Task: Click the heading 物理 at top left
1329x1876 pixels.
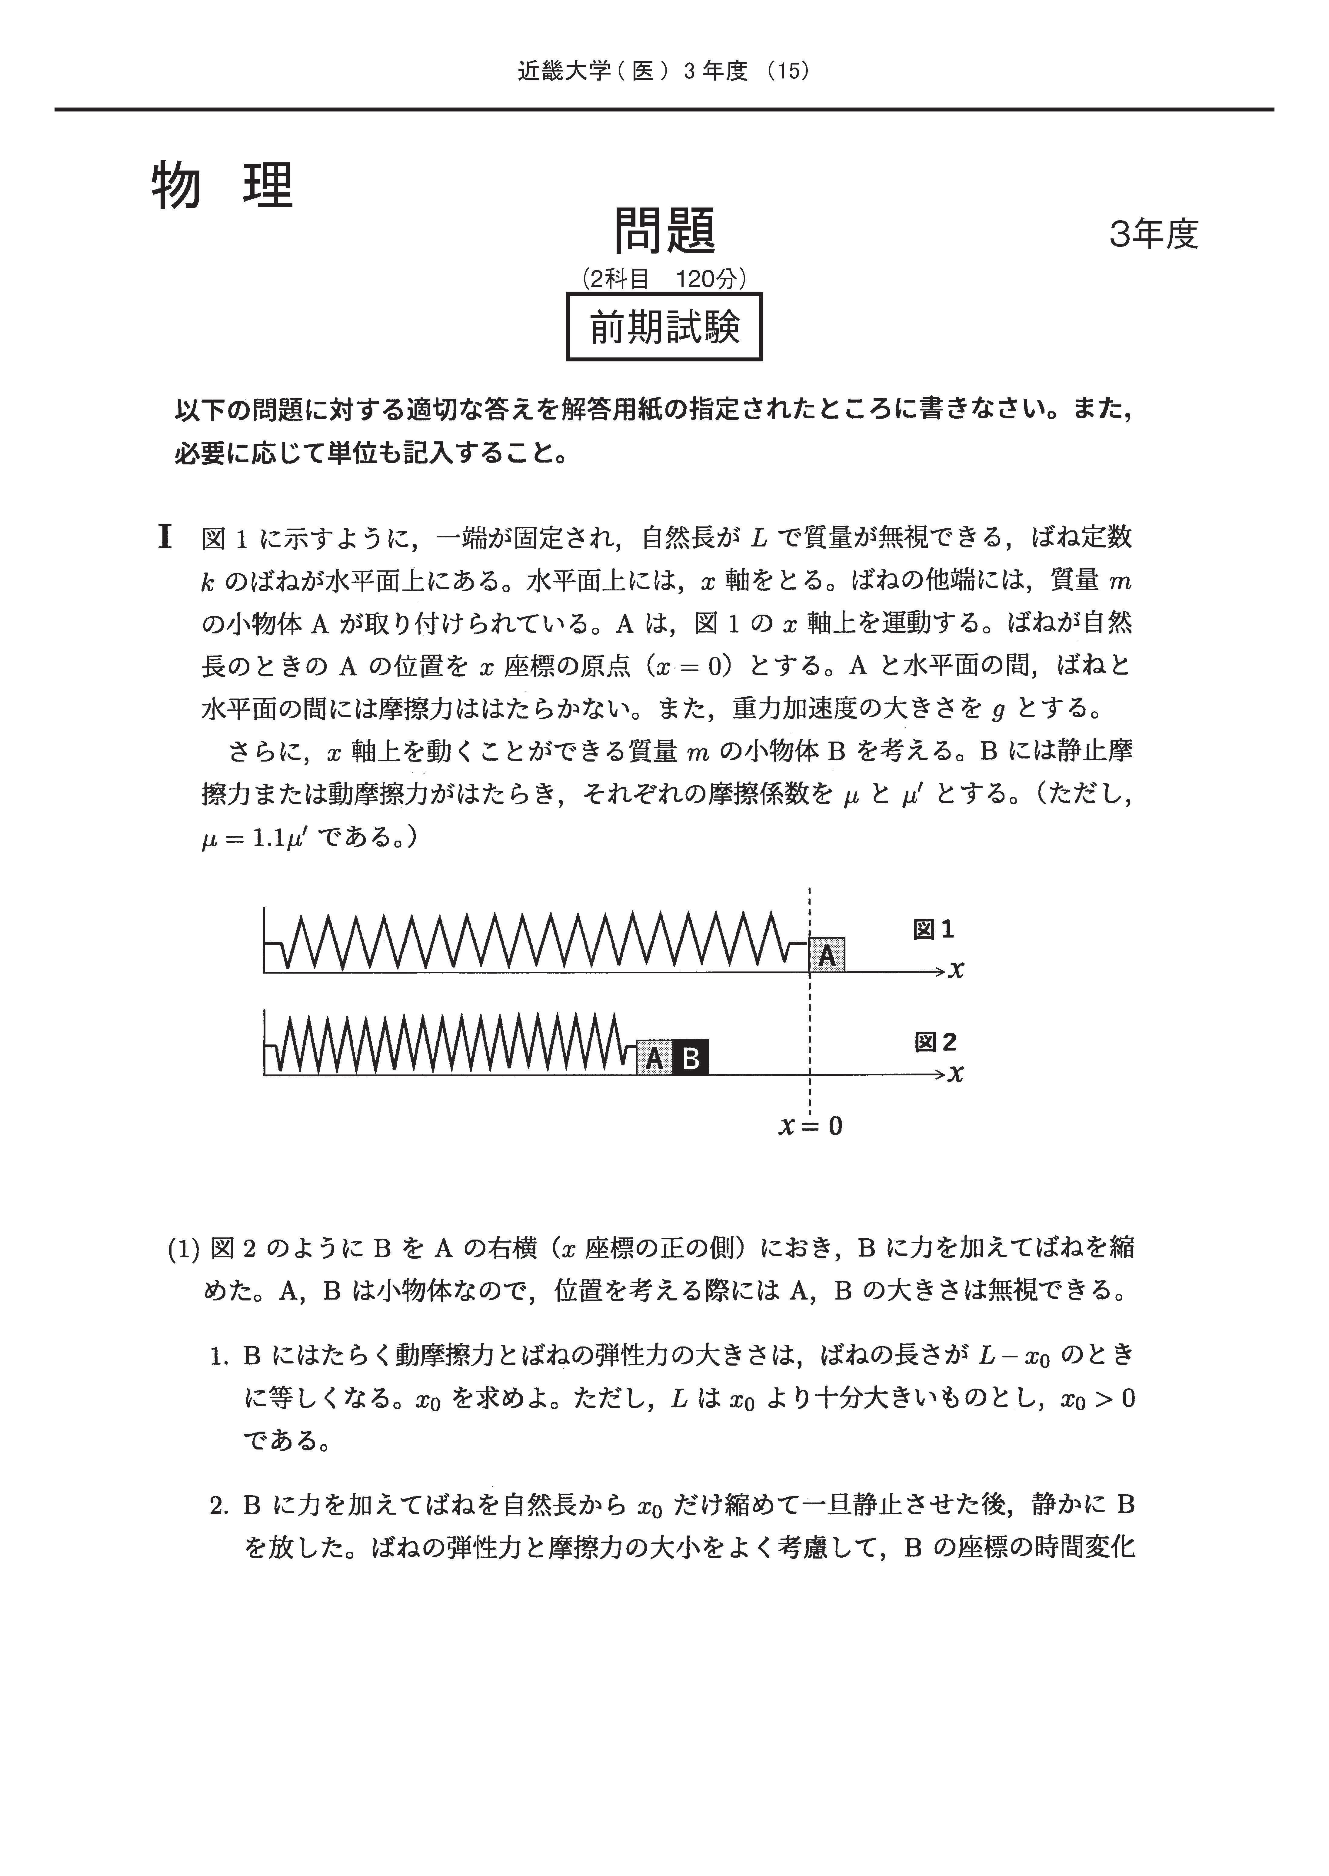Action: click(x=222, y=186)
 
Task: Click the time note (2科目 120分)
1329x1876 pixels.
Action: click(x=664, y=279)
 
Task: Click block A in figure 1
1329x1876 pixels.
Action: click(x=827, y=955)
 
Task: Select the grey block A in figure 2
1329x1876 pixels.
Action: click(x=654, y=1058)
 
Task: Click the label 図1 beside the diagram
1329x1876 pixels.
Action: click(x=934, y=929)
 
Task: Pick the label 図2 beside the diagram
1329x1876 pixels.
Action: click(x=934, y=1042)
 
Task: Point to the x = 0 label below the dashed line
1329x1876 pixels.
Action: click(x=810, y=1127)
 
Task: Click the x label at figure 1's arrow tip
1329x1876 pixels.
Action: click(x=956, y=970)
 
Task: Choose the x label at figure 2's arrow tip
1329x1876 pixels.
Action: click(x=956, y=1073)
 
